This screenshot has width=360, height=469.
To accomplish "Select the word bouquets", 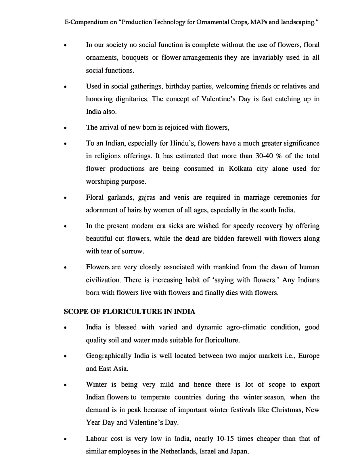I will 135,57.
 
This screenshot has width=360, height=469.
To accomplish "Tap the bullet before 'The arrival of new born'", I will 66,128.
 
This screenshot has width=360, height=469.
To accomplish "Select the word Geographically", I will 109,356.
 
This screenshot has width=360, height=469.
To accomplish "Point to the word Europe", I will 309,356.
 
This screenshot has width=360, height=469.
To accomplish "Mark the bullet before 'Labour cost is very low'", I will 66,439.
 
